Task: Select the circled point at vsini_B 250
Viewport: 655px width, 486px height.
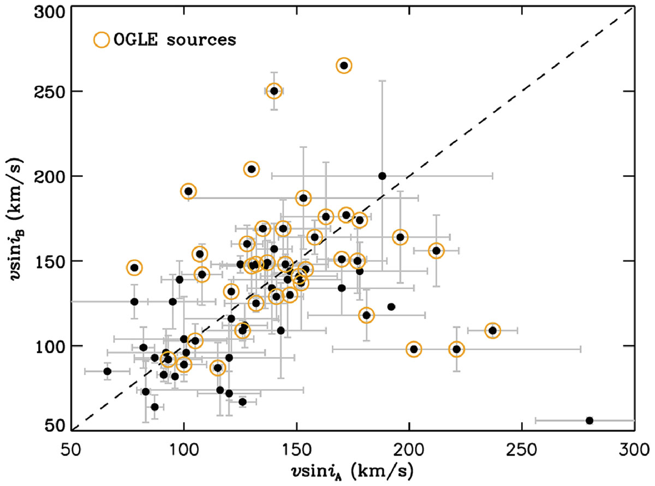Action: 274,91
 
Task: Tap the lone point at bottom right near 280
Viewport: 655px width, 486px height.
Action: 589,421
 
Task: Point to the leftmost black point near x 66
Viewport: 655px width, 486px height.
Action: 108,371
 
